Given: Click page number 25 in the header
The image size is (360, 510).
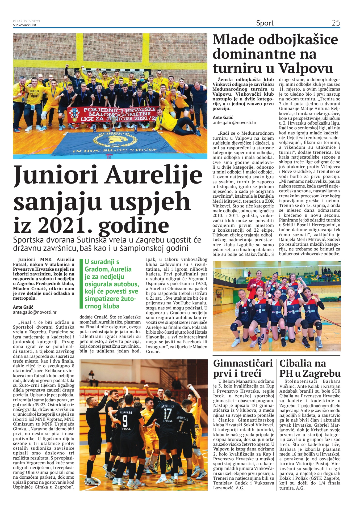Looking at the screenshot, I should (336, 23).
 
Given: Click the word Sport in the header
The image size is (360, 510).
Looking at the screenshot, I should (265, 23).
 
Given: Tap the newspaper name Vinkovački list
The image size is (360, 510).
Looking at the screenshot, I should (24, 25).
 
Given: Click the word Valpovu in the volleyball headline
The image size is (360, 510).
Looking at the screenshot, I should (305, 68).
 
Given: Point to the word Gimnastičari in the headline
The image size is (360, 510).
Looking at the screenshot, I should (243, 363).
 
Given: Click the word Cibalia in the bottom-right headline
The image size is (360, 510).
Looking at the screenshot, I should (299, 363).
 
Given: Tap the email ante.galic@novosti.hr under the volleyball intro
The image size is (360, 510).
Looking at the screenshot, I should (235, 122).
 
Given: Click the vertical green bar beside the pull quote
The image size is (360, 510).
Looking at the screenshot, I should (81, 284).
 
